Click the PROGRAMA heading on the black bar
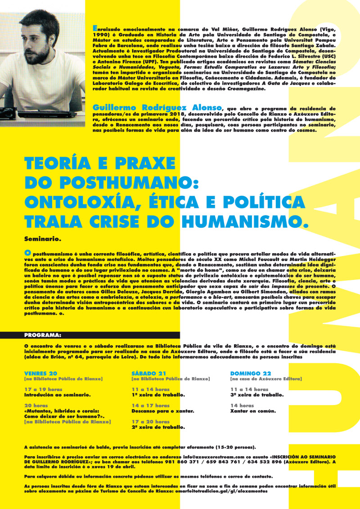(43, 335)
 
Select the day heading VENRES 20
(41, 373)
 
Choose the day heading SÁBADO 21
(149, 373)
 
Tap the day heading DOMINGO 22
(251, 373)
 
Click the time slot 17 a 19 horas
(44, 389)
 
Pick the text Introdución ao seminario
(58, 394)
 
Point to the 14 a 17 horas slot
(150, 405)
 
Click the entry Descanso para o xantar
(163, 410)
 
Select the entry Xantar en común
(252, 410)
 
